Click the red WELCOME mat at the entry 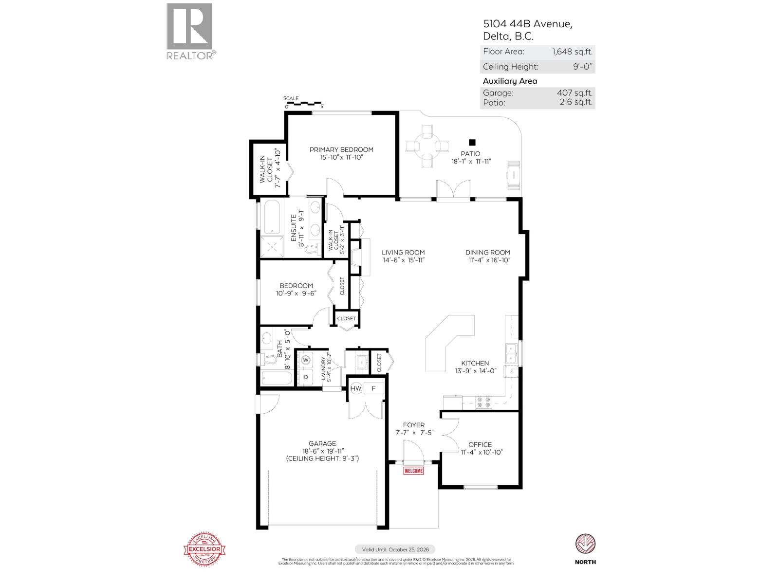coord(413,471)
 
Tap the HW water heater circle coord(356,388)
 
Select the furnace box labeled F coord(374,388)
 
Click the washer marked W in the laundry coord(306,360)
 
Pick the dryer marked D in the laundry coord(306,377)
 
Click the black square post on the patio coord(472,143)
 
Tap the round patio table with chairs coord(427,145)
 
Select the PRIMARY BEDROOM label coord(341,149)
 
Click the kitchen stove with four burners coord(484,402)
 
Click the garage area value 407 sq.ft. coord(575,93)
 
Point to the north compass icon coord(585,544)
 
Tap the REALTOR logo coord(190,32)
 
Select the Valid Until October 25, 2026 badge coord(395,549)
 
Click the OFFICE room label coord(480,444)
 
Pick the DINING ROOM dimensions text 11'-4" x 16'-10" coord(487,260)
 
